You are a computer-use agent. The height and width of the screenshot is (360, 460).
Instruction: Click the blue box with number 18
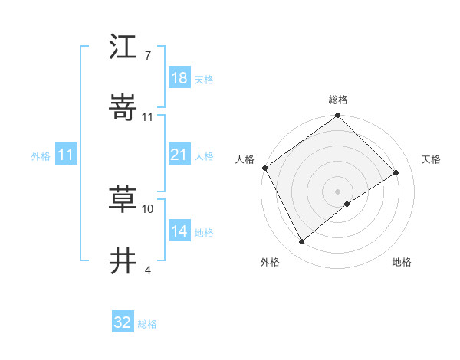[179, 78]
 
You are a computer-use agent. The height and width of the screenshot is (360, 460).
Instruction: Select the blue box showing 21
[179, 155]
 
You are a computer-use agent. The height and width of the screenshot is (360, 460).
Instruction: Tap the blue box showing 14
[179, 232]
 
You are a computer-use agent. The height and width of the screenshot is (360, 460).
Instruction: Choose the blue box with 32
[123, 322]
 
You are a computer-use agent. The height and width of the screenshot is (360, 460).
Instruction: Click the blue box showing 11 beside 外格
[66, 155]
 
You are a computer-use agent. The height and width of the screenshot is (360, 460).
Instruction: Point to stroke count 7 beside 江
[147, 56]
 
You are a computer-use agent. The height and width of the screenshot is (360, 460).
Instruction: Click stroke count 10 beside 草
[148, 208]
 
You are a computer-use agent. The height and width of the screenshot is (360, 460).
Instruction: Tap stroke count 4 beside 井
[147, 270]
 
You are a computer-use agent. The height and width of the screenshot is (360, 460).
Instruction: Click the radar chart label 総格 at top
[338, 100]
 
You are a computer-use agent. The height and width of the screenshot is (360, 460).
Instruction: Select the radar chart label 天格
[431, 159]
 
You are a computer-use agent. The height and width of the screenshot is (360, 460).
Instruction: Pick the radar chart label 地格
[402, 262]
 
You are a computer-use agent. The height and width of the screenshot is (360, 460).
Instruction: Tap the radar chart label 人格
[245, 159]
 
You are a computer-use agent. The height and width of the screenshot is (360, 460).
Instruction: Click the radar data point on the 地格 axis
[347, 204]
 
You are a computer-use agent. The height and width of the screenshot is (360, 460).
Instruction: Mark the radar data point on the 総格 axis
[338, 116]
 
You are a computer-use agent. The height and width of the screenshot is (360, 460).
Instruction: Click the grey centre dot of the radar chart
[338, 191]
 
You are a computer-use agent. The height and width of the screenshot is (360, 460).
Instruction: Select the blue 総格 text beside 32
[147, 324]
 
